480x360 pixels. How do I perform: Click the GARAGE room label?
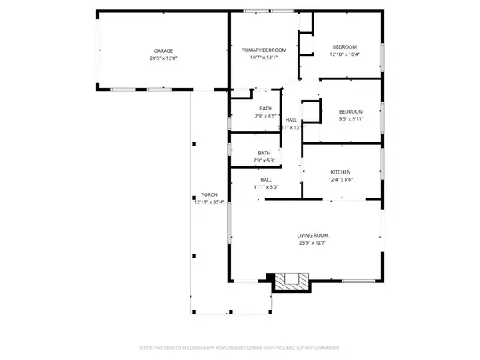click(x=163, y=50)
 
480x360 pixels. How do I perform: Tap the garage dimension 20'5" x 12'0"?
click(x=163, y=58)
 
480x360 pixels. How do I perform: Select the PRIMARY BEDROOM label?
click(x=263, y=50)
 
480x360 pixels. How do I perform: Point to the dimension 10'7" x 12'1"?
click(x=263, y=58)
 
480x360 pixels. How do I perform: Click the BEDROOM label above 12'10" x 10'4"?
click(x=345, y=46)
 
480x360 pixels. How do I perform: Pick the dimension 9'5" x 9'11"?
click(x=350, y=119)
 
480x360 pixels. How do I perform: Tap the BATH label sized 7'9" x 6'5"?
click(x=265, y=109)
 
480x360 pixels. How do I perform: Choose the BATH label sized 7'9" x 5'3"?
click(x=264, y=153)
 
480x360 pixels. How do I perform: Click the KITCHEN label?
click(x=342, y=172)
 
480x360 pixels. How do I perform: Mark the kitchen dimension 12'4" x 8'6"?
click(x=342, y=180)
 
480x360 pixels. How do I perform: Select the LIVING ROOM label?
click(x=314, y=235)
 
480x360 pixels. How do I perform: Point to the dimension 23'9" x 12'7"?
click(x=314, y=243)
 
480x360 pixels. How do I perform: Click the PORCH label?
click(x=209, y=195)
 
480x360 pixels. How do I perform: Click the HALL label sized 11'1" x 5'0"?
click(x=266, y=179)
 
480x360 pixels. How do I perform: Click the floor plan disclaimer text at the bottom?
click(x=240, y=349)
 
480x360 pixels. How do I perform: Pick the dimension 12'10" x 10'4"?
click(x=345, y=54)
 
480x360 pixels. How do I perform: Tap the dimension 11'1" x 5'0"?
click(x=266, y=187)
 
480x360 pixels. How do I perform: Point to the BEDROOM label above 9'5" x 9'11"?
click(x=350, y=111)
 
